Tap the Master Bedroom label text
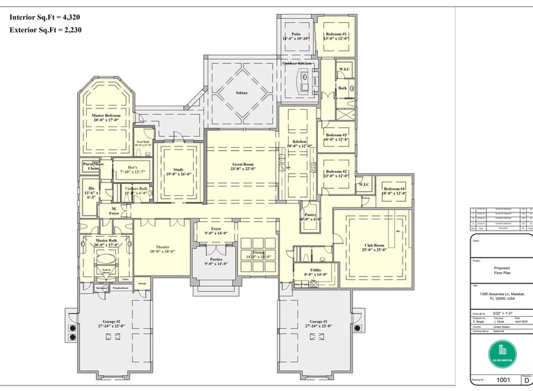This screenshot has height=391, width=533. click(x=107, y=117)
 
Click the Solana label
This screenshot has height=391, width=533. click(x=242, y=92)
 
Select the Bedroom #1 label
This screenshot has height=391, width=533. click(x=336, y=36)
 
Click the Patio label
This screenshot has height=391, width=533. click(x=296, y=36)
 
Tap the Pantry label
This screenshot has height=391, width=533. click(x=310, y=217)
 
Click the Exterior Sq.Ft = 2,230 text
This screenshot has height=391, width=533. click(x=46, y=30)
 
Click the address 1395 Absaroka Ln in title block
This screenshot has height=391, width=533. click(x=502, y=295)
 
